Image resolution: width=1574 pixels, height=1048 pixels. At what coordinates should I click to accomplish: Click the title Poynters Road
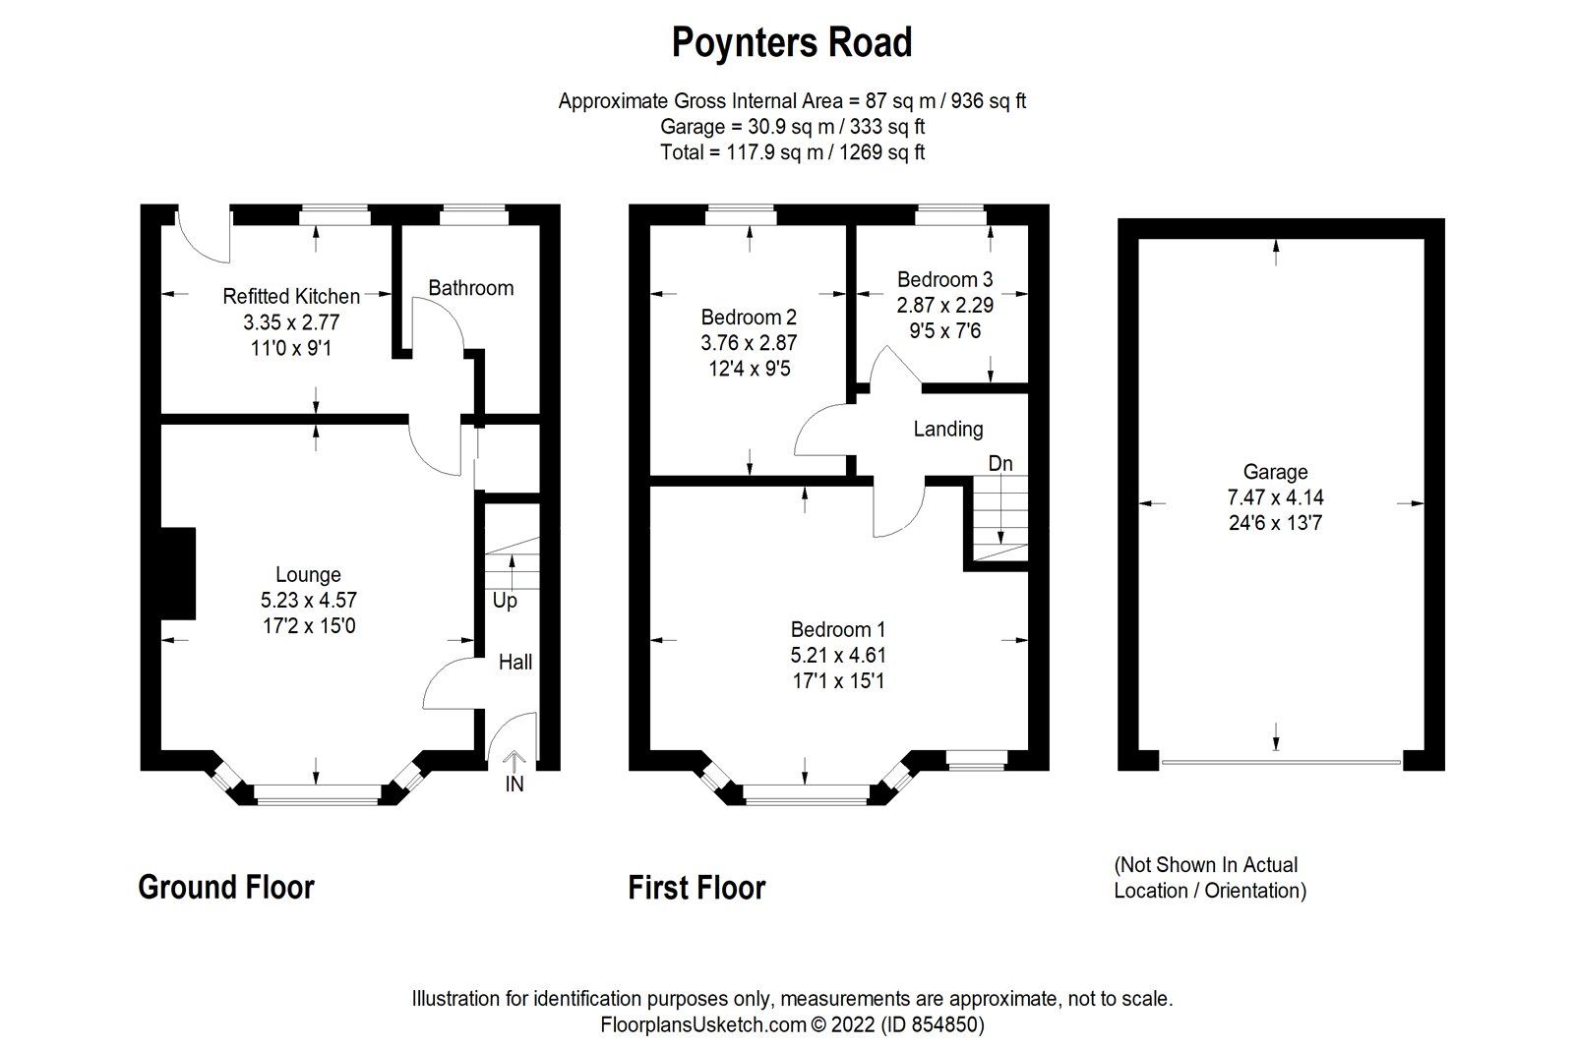tap(792, 43)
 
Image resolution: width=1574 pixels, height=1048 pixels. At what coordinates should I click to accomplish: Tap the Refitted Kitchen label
tap(291, 296)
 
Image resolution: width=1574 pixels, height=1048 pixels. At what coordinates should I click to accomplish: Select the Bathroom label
tap(470, 288)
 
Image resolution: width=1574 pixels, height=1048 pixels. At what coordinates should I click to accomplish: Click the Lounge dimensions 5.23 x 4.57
tap(308, 600)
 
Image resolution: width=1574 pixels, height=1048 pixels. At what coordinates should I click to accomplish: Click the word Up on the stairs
tap(504, 600)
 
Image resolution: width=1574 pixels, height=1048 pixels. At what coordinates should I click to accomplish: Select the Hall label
tap(515, 662)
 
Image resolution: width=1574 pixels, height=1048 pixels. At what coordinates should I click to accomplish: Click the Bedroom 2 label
tap(749, 318)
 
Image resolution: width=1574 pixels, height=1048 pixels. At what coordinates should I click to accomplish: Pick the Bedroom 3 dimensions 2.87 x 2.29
tap(944, 306)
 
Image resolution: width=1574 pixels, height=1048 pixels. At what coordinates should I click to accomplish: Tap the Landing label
tap(947, 429)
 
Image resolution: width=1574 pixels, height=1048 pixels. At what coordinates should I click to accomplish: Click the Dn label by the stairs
tap(1000, 463)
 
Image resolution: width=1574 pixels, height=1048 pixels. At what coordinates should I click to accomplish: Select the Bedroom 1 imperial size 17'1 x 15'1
tap(838, 680)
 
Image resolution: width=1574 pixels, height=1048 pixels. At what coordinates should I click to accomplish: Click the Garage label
tap(1275, 472)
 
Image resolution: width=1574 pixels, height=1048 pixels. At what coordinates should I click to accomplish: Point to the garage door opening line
tap(1279, 762)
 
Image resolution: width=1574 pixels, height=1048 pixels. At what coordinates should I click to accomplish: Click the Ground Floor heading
tap(226, 887)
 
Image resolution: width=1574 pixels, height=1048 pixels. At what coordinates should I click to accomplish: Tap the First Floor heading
tap(696, 888)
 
